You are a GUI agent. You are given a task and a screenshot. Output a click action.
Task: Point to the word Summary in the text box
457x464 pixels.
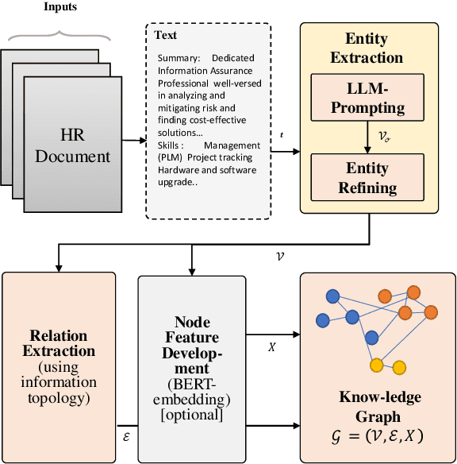coord(179,58)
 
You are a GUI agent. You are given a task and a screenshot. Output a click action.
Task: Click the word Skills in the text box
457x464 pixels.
coord(171,145)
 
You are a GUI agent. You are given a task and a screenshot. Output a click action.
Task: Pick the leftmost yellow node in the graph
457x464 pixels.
coord(376,364)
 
